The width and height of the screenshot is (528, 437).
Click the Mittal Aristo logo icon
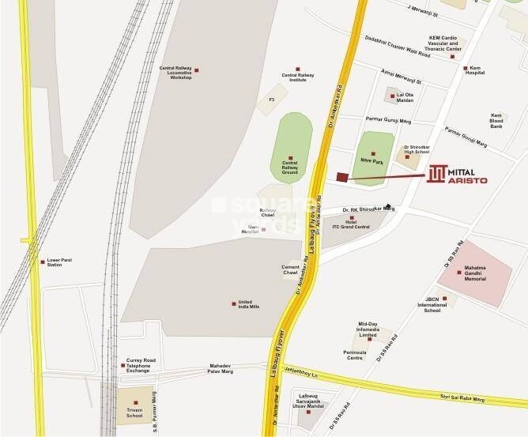tap(437, 175)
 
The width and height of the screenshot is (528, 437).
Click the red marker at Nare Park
tap(374, 153)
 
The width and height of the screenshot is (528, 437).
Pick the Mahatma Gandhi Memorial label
tap(481, 274)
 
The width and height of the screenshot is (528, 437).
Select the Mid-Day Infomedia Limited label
tap(368, 329)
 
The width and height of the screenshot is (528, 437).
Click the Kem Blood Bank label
tap(496, 120)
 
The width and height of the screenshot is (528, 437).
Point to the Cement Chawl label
tap(290, 271)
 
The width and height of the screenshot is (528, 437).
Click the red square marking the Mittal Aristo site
tap(341, 177)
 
